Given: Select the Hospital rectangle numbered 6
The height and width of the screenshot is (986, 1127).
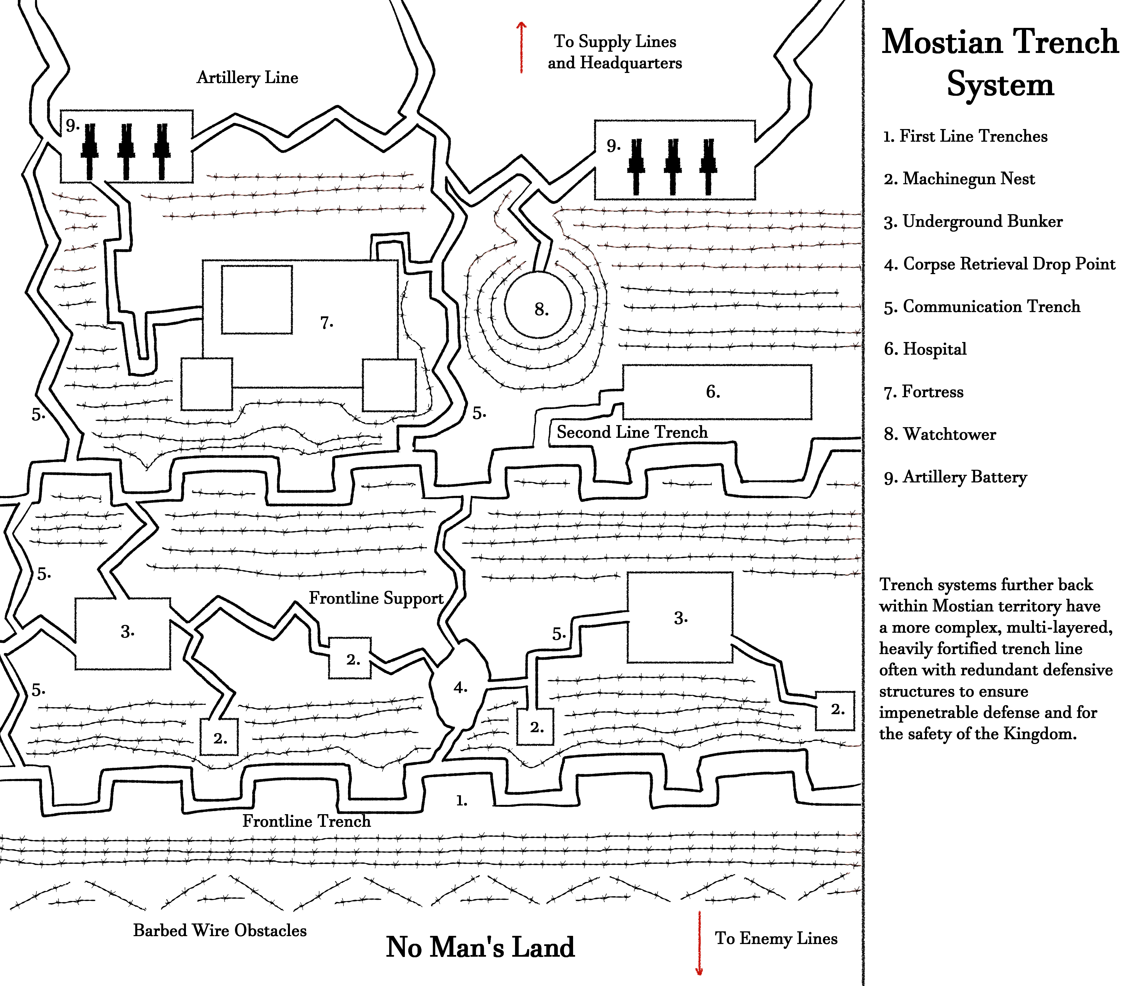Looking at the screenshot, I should [x=716, y=392].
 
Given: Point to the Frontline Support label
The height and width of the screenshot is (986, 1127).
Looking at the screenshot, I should [x=376, y=598].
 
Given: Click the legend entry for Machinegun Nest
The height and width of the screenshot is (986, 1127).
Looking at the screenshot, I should [x=959, y=179].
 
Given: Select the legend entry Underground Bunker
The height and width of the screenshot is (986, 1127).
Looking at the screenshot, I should [x=973, y=221].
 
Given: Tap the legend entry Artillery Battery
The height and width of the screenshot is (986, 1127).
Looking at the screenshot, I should [x=955, y=477].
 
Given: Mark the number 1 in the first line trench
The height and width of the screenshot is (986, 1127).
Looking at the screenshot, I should [x=461, y=801].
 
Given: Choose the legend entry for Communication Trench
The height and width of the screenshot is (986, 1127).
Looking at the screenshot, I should [x=982, y=307].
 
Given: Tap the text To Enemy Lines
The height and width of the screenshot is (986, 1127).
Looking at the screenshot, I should [x=776, y=938].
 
